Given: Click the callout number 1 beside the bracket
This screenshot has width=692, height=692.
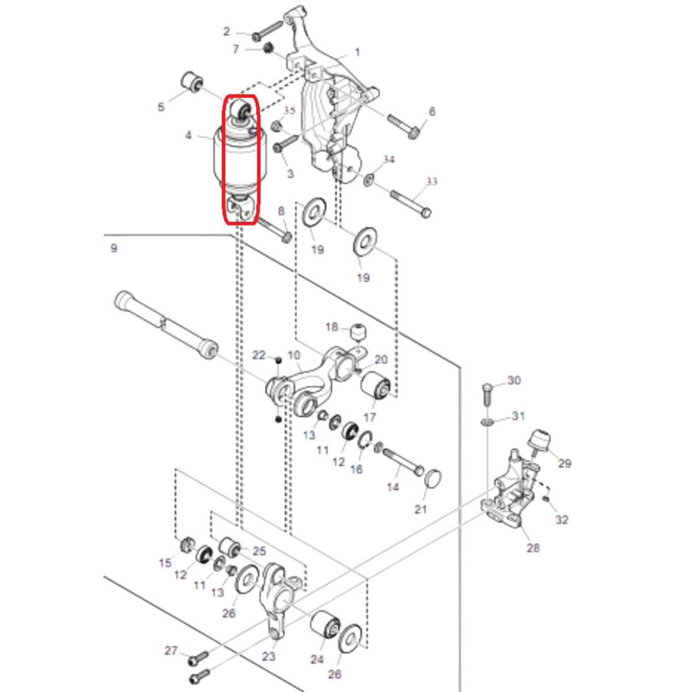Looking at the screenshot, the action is click(x=357, y=52).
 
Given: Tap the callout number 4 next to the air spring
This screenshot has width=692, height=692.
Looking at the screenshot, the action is click(x=188, y=135).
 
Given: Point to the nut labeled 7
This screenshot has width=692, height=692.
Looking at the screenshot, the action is click(x=268, y=47).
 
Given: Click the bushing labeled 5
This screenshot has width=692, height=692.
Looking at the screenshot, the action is click(x=192, y=82).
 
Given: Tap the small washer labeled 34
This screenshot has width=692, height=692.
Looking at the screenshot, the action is click(x=368, y=180).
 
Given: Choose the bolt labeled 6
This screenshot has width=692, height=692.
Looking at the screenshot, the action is click(x=403, y=127).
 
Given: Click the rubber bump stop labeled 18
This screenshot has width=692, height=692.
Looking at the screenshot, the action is click(x=358, y=332).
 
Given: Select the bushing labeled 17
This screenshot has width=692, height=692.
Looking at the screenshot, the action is click(x=376, y=385).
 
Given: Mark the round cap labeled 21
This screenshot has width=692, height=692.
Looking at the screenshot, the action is click(x=433, y=478).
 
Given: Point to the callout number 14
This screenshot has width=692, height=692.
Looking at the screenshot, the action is click(x=392, y=487).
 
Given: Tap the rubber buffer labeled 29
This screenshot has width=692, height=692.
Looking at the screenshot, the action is click(x=539, y=441).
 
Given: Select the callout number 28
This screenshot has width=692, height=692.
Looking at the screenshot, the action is click(x=533, y=547).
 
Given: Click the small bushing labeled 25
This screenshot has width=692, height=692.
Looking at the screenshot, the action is click(x=229, y=547).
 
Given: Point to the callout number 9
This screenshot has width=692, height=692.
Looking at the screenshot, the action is click(x=114, y=248).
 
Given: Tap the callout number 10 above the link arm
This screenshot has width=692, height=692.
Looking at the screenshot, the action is click(x=294, y=355).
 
